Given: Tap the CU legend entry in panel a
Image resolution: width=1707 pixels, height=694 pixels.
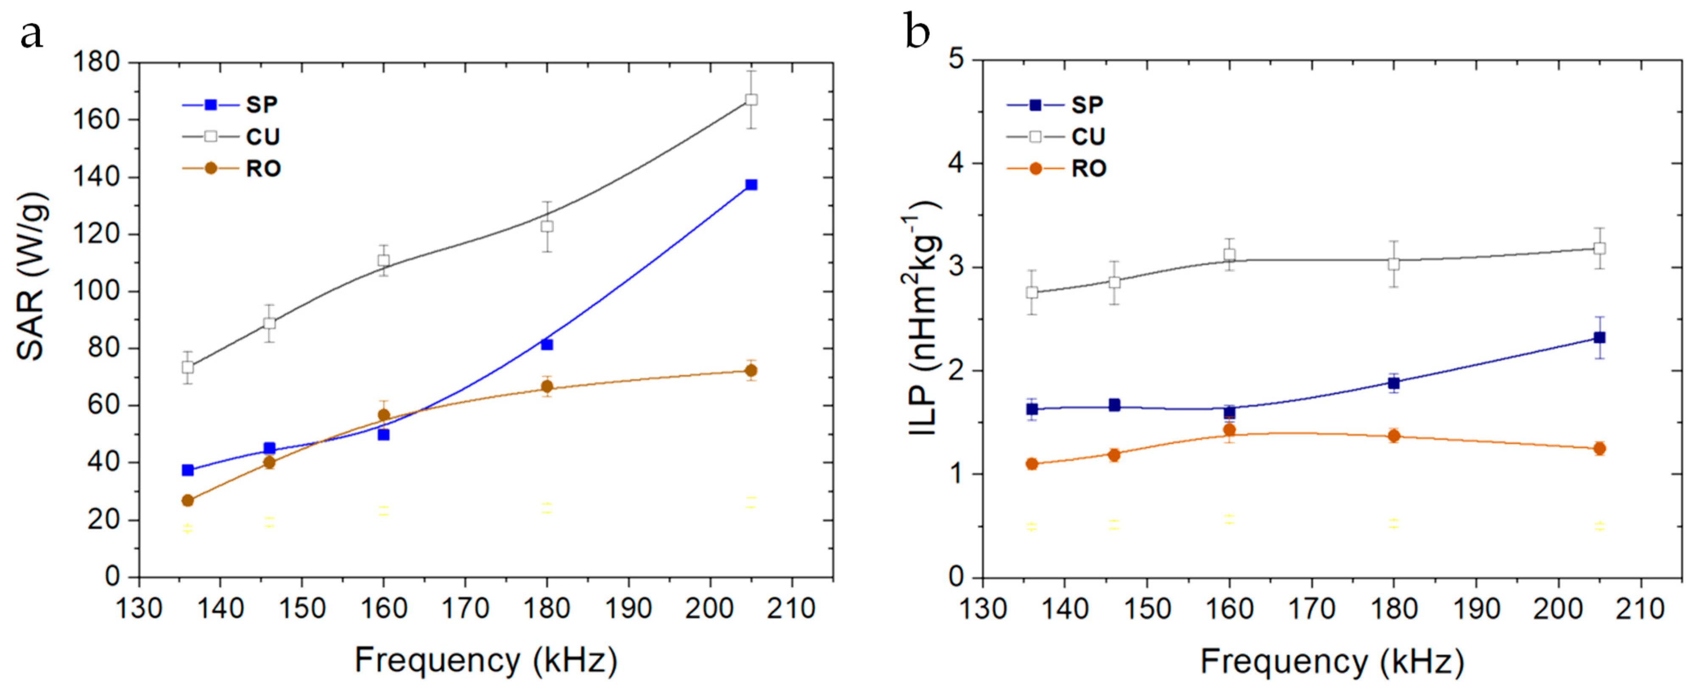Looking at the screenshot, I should tap(262, 137).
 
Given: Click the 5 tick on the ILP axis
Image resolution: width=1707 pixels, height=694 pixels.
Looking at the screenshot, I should tap(956, 60).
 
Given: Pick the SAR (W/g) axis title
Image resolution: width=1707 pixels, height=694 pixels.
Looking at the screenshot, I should tap(32, 277).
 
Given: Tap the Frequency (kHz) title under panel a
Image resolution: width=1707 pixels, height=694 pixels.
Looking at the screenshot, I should tap(486, 660).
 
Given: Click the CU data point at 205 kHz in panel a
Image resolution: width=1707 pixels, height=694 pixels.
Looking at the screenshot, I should tap(751, 100).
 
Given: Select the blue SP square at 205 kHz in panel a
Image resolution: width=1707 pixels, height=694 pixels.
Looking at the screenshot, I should tap(751, 185).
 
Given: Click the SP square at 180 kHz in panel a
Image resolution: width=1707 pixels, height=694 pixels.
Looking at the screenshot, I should tap(547, 345).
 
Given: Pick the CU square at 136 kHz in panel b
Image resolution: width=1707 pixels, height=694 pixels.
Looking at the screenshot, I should tap(1032, 293).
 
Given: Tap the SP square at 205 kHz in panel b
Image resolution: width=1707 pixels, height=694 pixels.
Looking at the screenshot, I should tap(1599, 337).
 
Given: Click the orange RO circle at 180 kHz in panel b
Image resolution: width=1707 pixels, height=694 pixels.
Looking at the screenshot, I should tap(1394, 436).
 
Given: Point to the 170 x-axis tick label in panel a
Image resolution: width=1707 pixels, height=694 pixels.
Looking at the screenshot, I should tap(465, 608).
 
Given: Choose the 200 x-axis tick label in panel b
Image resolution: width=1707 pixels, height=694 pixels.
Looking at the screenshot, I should tap(1558, 608).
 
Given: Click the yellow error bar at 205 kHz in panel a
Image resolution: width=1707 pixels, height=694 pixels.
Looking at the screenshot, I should tap(751, 502).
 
